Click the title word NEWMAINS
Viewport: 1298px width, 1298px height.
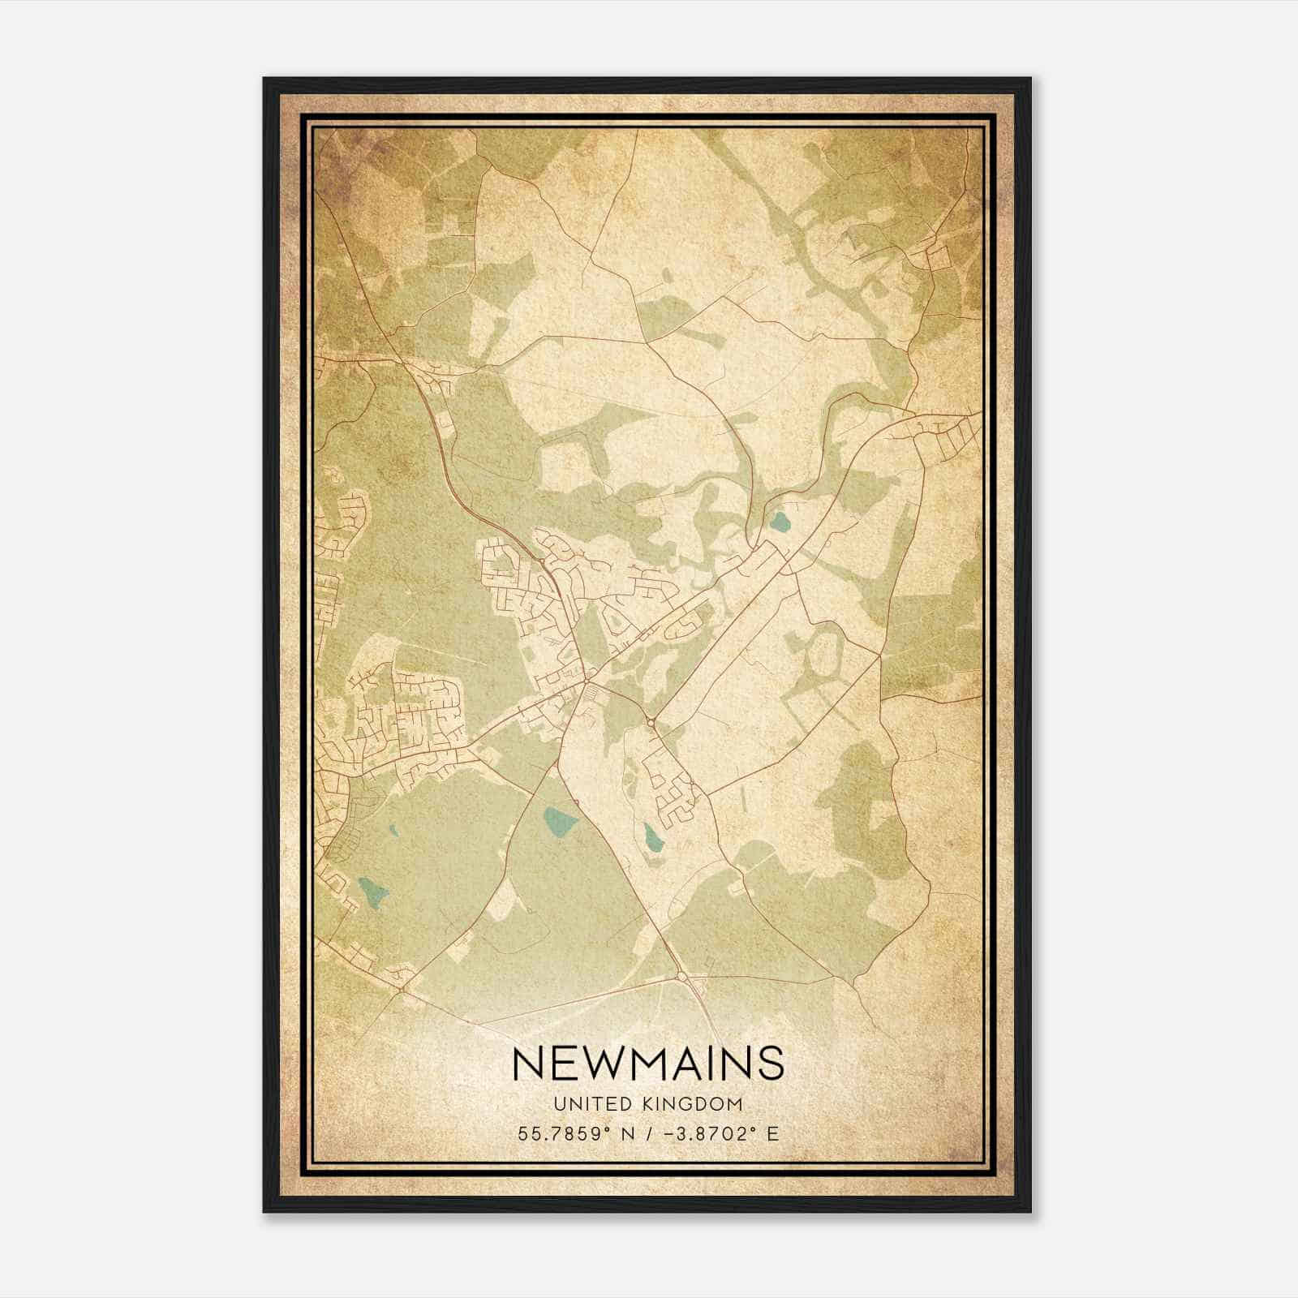(648, 1064)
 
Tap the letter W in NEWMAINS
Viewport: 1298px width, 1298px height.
(591, 1064)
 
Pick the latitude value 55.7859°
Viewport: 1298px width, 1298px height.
(561, 1133)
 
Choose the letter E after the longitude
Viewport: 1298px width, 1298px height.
(772, 1133)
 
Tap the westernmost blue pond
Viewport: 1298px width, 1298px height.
(373, 893)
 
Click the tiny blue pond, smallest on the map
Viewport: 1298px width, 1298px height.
(393, 831)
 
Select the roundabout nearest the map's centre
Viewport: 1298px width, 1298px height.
(650, 722)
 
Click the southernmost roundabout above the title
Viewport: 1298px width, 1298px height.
(681, 976)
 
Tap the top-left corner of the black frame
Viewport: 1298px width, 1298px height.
(264, 79)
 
